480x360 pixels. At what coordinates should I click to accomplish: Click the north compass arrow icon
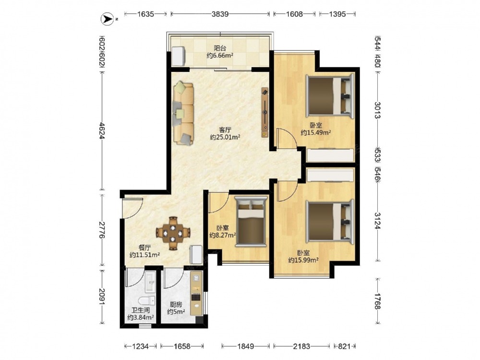(x=106, y=19)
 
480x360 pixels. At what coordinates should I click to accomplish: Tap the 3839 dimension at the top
(x=220, y=14)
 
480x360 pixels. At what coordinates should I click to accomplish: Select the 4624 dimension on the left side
(x=103, y=132)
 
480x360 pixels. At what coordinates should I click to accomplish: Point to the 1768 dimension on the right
(x=378, y=301)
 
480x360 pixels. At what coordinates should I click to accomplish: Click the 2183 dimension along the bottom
(x=301, y=346)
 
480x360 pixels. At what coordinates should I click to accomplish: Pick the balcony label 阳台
(x=220, y=48)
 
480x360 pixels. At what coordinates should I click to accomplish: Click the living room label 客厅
(x=225, y=130)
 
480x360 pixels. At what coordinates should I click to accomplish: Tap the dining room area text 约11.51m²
(x=144, y=255)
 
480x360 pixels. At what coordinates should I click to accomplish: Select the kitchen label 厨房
(x=176, y=305)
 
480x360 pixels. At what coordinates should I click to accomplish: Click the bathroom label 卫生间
(x=141, y=311)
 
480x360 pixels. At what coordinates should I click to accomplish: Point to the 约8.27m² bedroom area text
(x=223, y=235)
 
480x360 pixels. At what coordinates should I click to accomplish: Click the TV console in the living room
(x=265, y=113)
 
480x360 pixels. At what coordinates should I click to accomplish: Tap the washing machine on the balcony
(x=179, y=56)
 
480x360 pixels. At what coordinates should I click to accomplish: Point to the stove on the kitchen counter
(x=196, y=297)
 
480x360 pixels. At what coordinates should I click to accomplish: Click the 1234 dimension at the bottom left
(x=141, y=346)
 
